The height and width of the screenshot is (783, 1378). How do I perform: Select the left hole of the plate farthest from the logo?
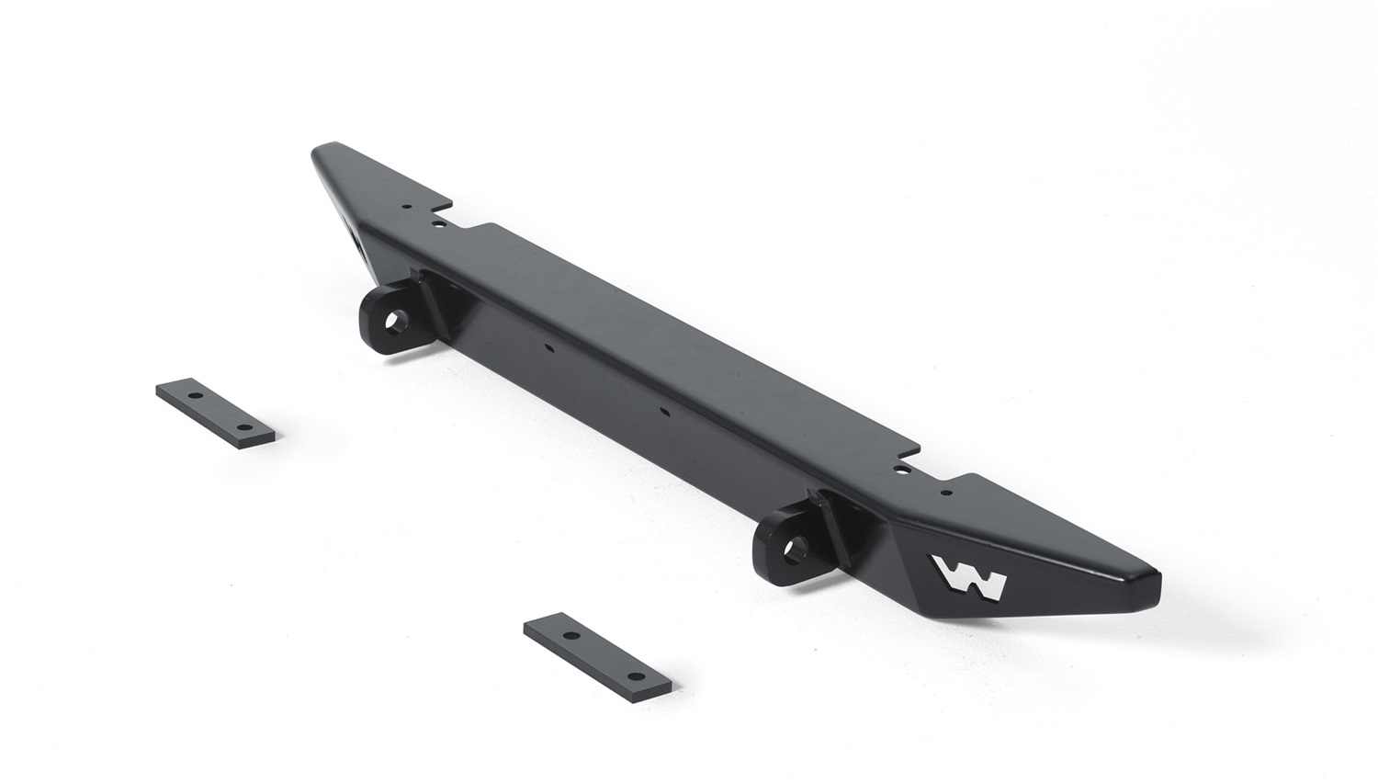click(x=195, y=394)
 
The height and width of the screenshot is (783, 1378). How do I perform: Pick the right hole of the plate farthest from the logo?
click(x=243, y=428)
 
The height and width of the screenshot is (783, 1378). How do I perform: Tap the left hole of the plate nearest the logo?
click(x=570, y=636)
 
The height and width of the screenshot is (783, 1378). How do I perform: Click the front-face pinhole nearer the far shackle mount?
click(x=548, y=347)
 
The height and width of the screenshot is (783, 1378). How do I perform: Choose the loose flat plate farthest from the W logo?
click(x=217, y=413)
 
